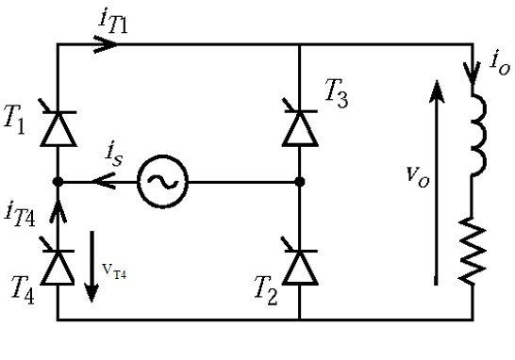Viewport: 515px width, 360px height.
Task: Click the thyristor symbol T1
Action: coord(58,126)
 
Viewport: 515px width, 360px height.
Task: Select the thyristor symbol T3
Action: coord(300,126)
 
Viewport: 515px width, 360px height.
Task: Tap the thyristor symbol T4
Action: coord(58,265)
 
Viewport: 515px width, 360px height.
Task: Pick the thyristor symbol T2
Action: coord(300,265)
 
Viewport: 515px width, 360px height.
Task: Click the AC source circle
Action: coord(162,182)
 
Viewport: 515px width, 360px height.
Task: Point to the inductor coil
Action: coord(479,135)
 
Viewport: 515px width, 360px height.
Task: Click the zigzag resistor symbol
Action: coord(473,251)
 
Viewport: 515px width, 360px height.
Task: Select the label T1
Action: coord(15,120)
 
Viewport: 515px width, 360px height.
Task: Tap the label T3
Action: coord(337,93)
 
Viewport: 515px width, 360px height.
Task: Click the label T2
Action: coord(266,291)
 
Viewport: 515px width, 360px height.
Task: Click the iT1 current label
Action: coord(113,23)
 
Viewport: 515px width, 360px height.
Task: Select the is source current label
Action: coord(114,155)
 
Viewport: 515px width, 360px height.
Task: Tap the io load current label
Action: coord(500,64)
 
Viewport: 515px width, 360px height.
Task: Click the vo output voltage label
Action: coord(418,176)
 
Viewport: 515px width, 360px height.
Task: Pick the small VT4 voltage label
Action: coord(114,271)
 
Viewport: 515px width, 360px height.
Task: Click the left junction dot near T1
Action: coord(58,182)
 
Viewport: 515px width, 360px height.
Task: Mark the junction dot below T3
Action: coord(300,182)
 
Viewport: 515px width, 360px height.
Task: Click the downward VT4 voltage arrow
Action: coord(91,267)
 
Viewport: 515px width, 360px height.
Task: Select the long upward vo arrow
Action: coord(436,183)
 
